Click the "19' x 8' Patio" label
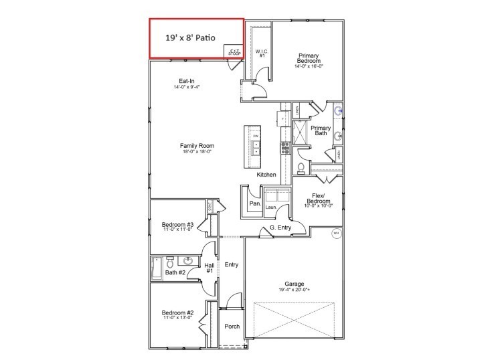pos(191,38)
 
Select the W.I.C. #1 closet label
pos(262,53)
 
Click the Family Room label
pos(196,148)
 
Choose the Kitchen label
pos(266,175)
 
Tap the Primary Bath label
pos(321,130)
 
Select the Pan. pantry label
pos(255,203)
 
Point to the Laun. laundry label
pos(271,207)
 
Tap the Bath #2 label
pos(175,272)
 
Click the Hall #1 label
pos(209,268)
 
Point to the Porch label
pos(232,327)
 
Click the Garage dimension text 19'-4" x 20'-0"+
pos(295,290)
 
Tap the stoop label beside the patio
pos(234,52)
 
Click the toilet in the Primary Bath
pos(301,167)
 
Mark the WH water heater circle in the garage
pos(335,234)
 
